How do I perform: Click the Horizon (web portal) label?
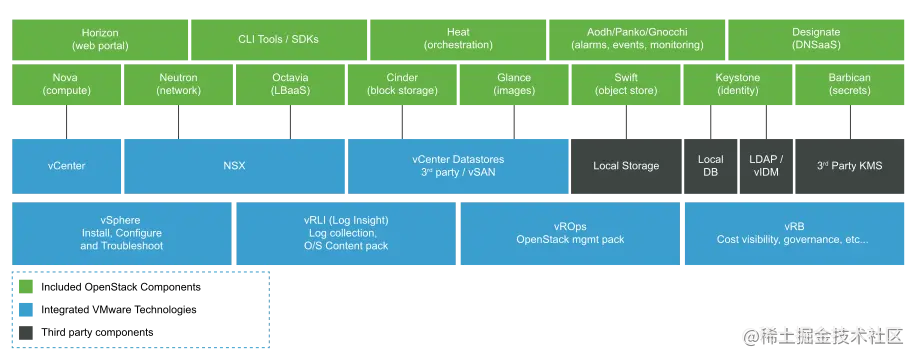(x=99, y=39)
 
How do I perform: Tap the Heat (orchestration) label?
(x=458, y=39)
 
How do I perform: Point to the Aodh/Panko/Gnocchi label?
(x=629, y=39)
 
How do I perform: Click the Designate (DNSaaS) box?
(x=815, y=39)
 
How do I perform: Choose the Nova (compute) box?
(x=66, y=84)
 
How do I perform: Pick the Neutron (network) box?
(x=178, y=84)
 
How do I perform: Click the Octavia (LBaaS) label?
(x=290, y=84)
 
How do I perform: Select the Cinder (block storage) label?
(x=402, y=84)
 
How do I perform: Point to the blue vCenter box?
(x=66, y=165)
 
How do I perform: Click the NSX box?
(x=234, y=165)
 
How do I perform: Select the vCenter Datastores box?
(x=458, y=165)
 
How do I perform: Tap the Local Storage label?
(x=626, y=165)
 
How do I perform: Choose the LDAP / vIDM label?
(x=766, y=165)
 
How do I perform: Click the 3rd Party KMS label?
(x=850, y=165)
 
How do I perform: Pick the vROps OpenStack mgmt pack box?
(x=569, y=233)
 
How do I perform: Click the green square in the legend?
(x=27, y=287)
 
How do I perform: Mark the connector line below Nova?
(x=67, y=121)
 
